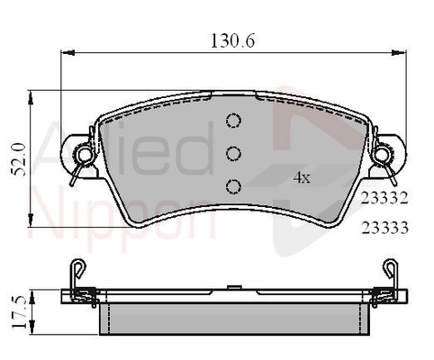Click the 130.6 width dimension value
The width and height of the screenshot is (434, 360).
pos(232,41)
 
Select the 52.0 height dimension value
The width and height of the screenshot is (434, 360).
pos(19,159)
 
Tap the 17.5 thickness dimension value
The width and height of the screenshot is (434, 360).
pos(19,312)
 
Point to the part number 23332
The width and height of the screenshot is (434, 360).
pos(384,198)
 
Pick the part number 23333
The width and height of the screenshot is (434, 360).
pos(384,228)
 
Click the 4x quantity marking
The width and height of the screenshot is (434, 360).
pos(302,178)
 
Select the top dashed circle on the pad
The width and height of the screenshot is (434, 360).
pos(233,121)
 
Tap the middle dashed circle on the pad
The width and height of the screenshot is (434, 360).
pos(233,154)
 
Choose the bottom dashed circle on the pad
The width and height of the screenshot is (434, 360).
pos(233,186)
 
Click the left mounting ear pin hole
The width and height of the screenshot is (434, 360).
pos(84,154)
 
